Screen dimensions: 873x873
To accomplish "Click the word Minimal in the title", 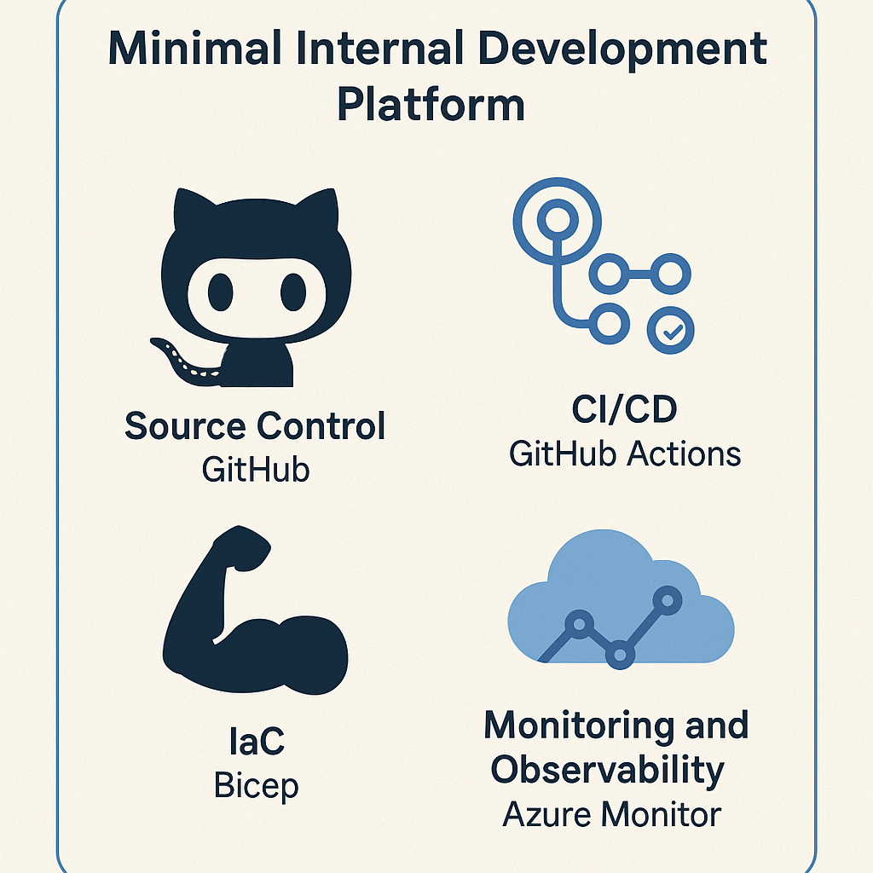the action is (195, 48).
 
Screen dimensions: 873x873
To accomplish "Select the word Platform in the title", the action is (431, 105).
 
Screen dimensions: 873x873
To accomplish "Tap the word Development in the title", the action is (622, 49).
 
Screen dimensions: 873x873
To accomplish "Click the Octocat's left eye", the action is (221, 292).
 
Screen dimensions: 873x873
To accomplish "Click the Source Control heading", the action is (255, 426).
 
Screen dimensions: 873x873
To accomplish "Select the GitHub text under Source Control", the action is (256, 470).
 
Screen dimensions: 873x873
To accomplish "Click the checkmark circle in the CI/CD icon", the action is (670, 330).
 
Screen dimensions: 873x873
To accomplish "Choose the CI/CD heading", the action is (624, 408).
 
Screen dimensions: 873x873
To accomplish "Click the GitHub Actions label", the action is (625, 454).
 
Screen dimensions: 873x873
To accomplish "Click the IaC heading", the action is (257, 741).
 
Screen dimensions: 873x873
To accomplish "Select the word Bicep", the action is (256, 785).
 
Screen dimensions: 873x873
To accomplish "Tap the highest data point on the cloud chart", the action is (668, 600).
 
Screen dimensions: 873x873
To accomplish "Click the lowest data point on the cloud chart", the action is (620, 654).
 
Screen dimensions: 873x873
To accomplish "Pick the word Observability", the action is (607, 771).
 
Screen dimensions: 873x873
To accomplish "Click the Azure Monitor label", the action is (611, 814).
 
